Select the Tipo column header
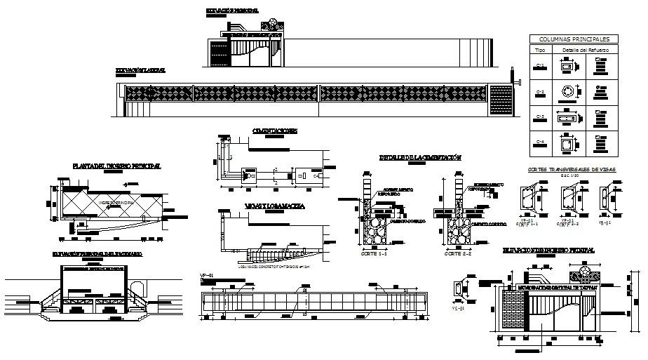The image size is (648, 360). pyautogui.click(x=540, y=51)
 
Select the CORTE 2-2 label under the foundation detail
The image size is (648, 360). pyautogui.click(x=454, y=255)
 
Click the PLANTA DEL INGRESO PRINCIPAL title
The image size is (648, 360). pyautogui.click(x=116, y=166)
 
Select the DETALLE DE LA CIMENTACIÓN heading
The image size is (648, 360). pyautogui.click(x=420, y=158)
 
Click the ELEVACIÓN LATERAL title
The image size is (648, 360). pyautogui.click(x=140, y=71)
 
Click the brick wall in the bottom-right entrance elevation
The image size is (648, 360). pyautogui.click(x=515, y=309)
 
